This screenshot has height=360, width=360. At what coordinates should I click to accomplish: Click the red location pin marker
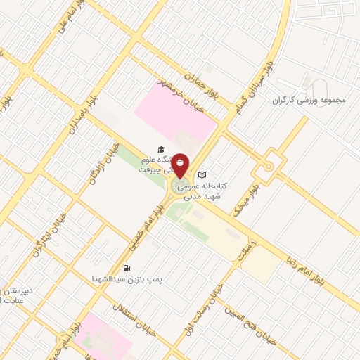coord(181,165)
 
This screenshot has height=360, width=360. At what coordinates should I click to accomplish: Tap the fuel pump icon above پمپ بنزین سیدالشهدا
coord(126,267)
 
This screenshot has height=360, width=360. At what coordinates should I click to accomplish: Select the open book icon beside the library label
coord(203,174)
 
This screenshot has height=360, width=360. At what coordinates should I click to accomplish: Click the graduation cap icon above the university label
coord(161,149)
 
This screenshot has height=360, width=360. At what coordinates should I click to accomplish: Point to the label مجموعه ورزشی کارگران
coord(309,100)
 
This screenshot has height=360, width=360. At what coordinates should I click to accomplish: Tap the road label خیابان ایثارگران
coord(49,233)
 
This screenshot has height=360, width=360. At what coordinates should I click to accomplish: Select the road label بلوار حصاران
coord(200,84)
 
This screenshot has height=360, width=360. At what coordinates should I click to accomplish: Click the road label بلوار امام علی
coord(64,15)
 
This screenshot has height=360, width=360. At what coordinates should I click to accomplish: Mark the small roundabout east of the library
coord(269,167)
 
